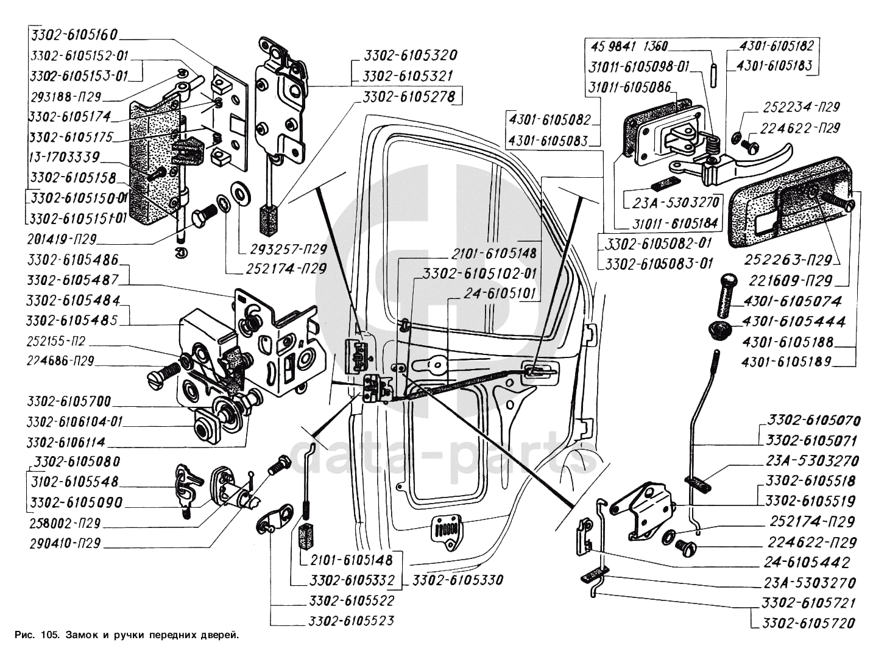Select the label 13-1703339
pos(63,157)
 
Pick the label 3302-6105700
pos(69,402)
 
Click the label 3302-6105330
pos(457,580)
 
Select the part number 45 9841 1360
pos(628,46)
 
